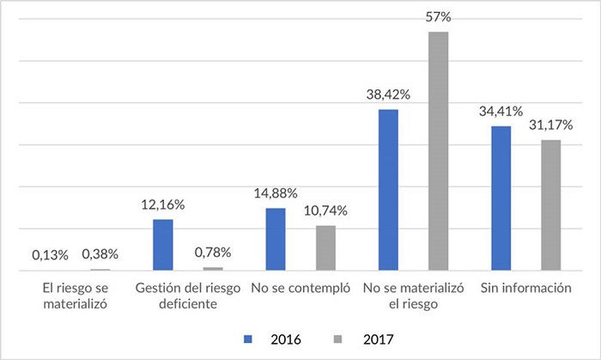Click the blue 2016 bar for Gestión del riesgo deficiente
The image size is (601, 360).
[x=163, y=245]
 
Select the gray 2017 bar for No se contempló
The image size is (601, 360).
[x=325, y=248]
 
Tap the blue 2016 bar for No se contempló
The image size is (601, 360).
[x=276, y=239]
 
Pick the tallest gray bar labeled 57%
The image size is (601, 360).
[x=438, y=151]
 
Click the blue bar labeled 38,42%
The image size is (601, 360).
[x=388, y=190]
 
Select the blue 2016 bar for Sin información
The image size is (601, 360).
[x=501, y=198]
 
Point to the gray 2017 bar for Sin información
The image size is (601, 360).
[x=550, y=205]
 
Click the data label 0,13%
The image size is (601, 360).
[x=50, y=254]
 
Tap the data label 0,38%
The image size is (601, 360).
[x=100, y=254]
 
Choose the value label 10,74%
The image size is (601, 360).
[x=325, y=211]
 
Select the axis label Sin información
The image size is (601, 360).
[x=525, y=288]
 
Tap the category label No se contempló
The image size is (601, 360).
[x=300, y=288]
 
